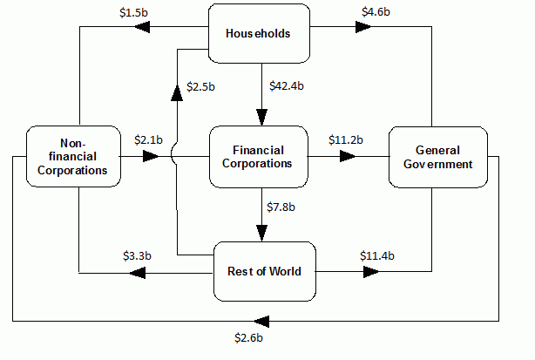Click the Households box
(258, 34)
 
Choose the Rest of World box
(264, 271)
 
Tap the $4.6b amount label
(376, 12)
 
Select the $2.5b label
(201, 85)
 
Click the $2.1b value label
(149, 139)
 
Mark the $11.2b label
(346, 139)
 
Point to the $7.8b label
(281, 206)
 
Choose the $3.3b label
(137, 256)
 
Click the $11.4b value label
(377, 256)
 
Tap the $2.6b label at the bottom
(249, 336)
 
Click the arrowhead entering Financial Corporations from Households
(260, 117)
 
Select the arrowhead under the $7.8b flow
(260, 232)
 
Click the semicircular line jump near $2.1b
(175, 157)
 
